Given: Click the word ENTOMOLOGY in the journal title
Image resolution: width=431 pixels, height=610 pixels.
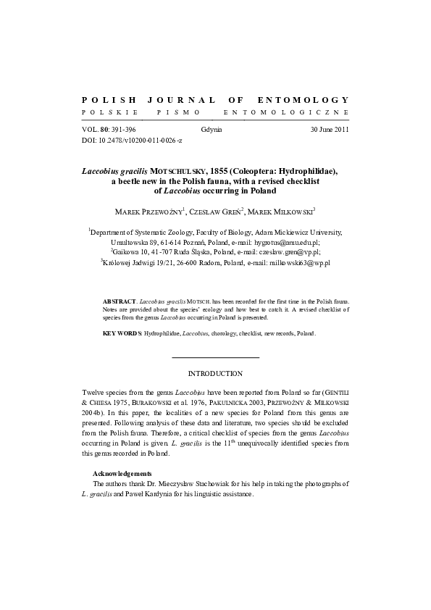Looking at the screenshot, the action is (x=304, y=99).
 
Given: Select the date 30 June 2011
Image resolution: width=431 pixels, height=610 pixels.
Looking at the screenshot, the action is (x=330, y=128).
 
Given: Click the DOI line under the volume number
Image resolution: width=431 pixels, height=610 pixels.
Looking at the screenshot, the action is (x=133, y=138).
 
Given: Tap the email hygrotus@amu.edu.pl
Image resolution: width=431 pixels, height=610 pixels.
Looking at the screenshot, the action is (x=288, y=243).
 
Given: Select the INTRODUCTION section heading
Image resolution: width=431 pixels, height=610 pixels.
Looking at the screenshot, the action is (x=215, y=373).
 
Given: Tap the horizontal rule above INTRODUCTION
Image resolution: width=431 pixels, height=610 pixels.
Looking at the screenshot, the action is (x=215, y=357).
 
